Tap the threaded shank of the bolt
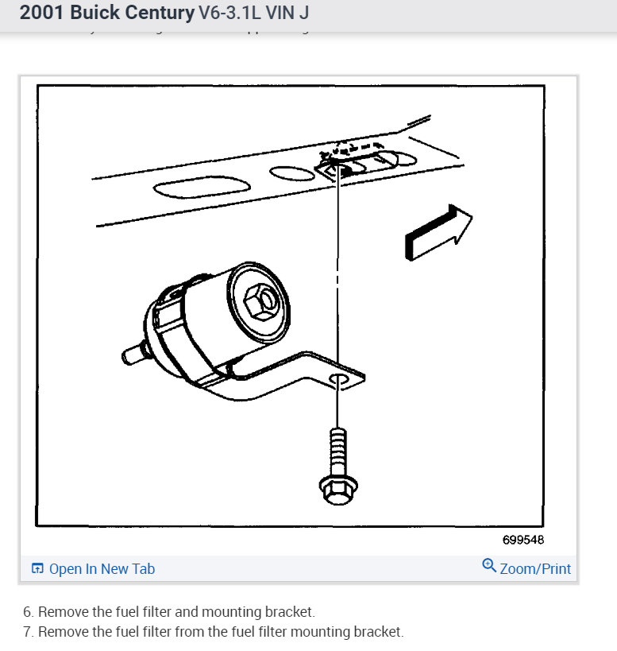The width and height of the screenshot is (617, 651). tap(337, 449)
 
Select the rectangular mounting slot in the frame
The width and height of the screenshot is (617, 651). tap(354, 165)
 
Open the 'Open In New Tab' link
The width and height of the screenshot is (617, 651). tap(102, 568)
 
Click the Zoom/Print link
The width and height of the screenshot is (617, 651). tap(535, 568)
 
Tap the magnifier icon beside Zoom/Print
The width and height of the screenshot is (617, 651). tap(488, 567)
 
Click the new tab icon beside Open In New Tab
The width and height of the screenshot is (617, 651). tap(37, 568)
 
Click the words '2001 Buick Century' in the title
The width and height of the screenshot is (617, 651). tap(106, 14)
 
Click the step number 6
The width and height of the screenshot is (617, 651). tap(28, 612)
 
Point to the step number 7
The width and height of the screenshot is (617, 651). tap(28, 632)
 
